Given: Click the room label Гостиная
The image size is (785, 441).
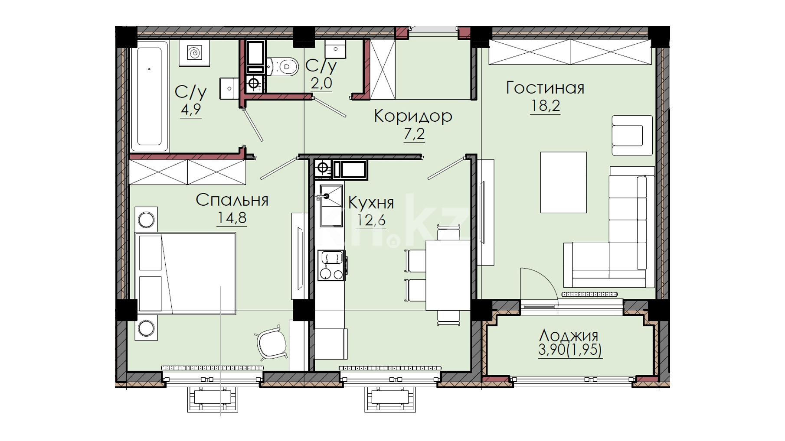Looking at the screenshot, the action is click(x=545, y=88).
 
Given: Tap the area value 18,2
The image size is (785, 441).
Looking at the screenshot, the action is click(x=545, y=106).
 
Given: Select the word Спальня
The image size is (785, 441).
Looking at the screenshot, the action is click(x=232, y=200).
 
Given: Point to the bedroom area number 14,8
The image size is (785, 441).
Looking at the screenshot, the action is click(x=232, y=217).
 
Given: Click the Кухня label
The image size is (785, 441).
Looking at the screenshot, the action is click(x=371, y=203).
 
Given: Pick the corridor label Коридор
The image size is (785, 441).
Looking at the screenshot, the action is click(x=413, y=116).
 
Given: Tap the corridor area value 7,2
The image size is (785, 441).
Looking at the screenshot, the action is click(x=414, y=134).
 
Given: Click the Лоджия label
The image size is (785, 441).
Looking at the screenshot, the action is click(x=569, y=335).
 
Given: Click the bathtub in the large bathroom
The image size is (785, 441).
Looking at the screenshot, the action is click(x=150, y=96).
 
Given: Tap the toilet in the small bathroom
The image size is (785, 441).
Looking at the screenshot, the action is click(x=282, y=67).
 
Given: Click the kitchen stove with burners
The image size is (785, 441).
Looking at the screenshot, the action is click(x=331, y=265).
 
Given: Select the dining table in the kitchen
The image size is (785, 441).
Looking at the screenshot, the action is click(x=448, y=275).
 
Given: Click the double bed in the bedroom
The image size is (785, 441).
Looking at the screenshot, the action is click(x=186, y=272).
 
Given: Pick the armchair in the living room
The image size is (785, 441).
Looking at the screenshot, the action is click(x=632, y=135).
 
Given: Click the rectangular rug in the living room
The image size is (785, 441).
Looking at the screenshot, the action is click(x=563, y=182).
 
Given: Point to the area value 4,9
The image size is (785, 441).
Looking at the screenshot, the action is click(x=191, y=109).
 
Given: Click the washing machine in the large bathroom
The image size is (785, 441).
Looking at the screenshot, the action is click(x=194, y=53).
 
